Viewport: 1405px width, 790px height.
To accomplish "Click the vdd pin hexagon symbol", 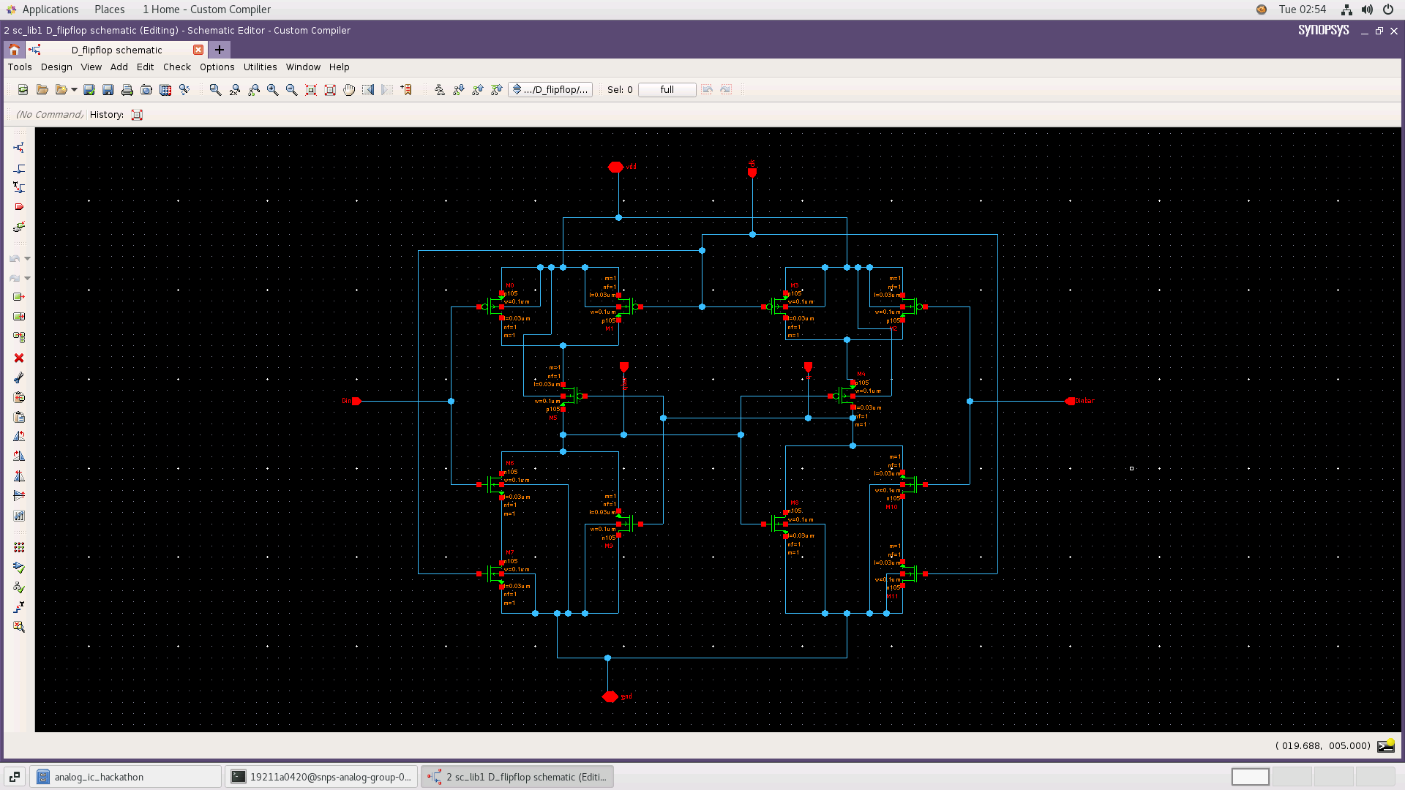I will (x=615, y=168).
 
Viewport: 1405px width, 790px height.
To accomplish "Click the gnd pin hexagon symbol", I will (x=610, y=696).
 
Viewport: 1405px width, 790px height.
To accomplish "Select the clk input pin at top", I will (x=752, y=172).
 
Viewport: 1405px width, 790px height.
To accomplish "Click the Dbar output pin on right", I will (x=1071, y=401).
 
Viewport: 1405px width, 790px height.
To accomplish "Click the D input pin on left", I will (x=356, y=401).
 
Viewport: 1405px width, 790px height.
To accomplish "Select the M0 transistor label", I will (x=510, y=286).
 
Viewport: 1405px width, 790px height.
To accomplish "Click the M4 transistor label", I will (x=861, y=374).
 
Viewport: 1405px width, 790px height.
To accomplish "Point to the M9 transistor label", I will (x=608, y=546).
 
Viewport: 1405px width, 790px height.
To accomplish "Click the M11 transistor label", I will (x=891, y=596).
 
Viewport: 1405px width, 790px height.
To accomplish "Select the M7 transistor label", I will (x=510, y=553).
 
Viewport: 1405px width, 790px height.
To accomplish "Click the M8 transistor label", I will (x=794, y=503).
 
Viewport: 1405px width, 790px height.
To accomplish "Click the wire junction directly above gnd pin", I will (x=607, y=658).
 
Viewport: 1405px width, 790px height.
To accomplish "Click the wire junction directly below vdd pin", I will (x=618, y=217).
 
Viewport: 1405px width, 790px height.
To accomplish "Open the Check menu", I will (x=176, y=67).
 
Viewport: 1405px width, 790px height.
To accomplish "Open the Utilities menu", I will (x=260, y=67).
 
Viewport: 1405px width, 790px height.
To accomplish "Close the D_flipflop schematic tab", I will (x=198, y=50).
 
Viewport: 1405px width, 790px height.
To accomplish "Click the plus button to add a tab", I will (x=219, y=50).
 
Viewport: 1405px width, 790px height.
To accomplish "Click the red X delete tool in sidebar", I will (x=19, y=358).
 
